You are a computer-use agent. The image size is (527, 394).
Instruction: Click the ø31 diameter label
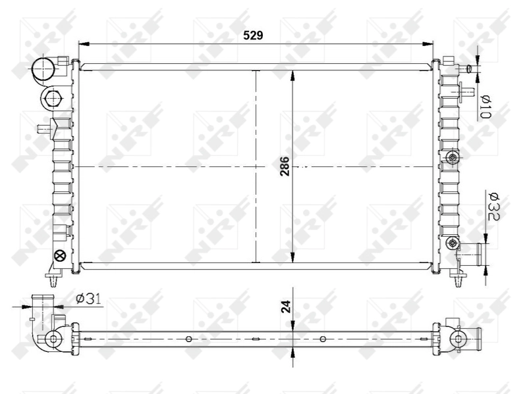coord(88,299)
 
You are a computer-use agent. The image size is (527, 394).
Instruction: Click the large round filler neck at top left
coord(43,68)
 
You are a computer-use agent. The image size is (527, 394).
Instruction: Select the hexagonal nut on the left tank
coord(52,98)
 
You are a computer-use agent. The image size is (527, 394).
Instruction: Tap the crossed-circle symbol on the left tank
coord(59,256)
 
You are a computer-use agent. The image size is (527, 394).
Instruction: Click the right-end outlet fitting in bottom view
coord(464,339)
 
